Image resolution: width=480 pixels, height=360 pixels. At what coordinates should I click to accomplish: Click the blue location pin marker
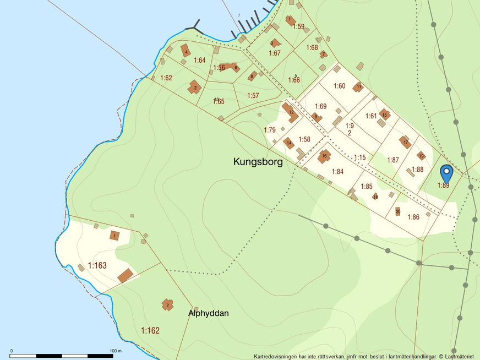pos(446,173)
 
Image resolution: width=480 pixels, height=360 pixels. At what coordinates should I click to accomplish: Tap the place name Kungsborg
pos(258,162)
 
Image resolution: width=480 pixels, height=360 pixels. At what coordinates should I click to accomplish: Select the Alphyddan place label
pos(208,313)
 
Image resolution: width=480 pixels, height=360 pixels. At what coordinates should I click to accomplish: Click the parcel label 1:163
pos(97,265)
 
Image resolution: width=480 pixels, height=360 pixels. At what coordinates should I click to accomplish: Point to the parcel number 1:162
pos(150,331)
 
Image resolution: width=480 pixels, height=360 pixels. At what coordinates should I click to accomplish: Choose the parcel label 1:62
pos(166,78)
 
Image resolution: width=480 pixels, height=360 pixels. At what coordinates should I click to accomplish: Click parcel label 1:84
pos(337,172)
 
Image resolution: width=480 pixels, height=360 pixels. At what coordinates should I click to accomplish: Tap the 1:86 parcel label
pos(413,217)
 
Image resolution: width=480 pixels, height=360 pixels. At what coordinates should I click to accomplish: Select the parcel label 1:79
pos(269,130)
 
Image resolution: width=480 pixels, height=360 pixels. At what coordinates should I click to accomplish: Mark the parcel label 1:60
pos(339,86)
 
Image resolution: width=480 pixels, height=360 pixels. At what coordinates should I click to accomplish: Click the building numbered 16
pos(324,156)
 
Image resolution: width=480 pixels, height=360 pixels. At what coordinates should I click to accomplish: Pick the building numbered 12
pos(291,112)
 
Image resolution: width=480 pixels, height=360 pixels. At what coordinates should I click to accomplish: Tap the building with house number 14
pos(288,143)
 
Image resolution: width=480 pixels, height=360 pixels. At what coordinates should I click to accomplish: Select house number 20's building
pos(397,211)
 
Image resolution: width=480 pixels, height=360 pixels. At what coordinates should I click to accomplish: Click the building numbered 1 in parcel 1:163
pos(114,236)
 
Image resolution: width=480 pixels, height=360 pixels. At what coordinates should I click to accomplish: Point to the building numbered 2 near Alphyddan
pos(167,304)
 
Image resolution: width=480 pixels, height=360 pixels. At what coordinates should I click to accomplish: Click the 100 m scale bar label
pos(116,351)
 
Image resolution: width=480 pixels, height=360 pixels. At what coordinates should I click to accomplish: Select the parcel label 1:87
pos(392,160)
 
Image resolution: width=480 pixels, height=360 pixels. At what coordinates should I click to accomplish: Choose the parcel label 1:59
pos(298,26)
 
